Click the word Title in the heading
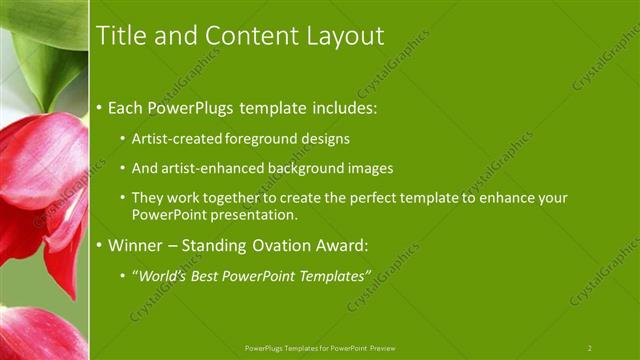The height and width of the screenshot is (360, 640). click(118, 36)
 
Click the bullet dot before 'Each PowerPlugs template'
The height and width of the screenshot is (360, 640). click(99, 106)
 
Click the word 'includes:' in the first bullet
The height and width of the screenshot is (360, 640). click(343, 106)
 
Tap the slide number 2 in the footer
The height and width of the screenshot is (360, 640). click(589, 348)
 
